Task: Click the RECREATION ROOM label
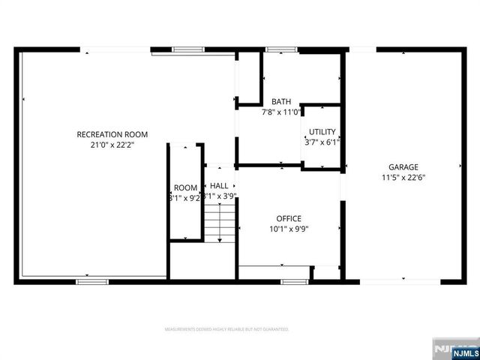(112, 134)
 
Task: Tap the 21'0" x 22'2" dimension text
(112, 145)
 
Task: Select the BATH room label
(281, 102)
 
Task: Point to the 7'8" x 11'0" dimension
(281, 112)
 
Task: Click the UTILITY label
(322, 131)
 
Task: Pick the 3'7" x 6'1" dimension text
(322, 141)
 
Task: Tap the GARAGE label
(403, 167)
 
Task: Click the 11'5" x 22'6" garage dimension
(403, 178)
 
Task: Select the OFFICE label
(289, 219)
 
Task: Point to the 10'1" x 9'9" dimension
(289, 229)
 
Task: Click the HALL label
(219, 185)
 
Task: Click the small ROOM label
(185, 187)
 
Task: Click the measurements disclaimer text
(226, 329)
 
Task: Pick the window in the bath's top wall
(278, 49)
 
